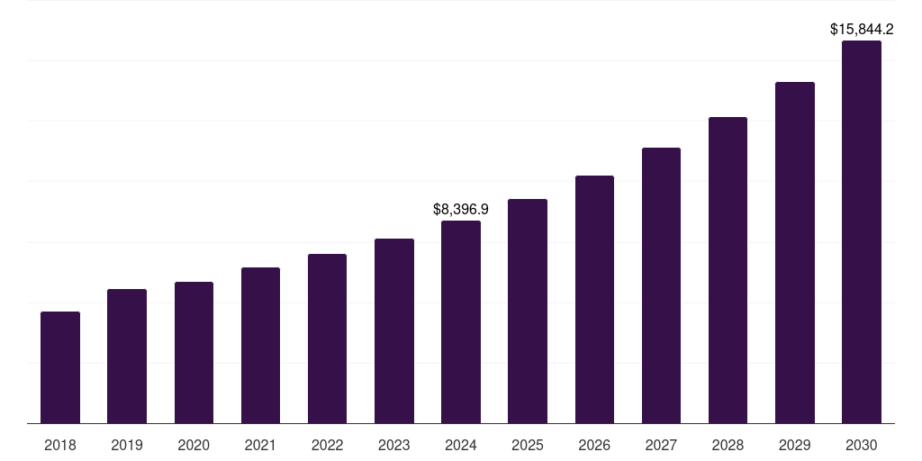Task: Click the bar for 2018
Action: pos(60,367)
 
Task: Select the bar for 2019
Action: pos(127,357)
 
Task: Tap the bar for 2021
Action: pos(260,346)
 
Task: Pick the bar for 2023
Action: pos(394,331)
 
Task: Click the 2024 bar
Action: pos(461,322)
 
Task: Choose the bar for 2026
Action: pos(594,300)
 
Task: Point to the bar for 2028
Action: pos(728,270)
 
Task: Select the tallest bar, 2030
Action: pos(862,232)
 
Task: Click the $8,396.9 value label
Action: pos(461,209)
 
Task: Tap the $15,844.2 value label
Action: pos(862,30)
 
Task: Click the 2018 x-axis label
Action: pos(60,445)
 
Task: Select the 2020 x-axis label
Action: pos(194,445)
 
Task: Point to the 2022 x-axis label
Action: pos(327,445)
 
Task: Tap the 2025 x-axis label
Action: pos(528,445)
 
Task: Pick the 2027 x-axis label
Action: pos(661,445)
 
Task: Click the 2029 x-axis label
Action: pos(794,445)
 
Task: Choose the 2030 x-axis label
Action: pos(862,445)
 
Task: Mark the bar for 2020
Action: pos(194,353)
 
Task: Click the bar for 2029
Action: pos(794,253)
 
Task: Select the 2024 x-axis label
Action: pos(461,445)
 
